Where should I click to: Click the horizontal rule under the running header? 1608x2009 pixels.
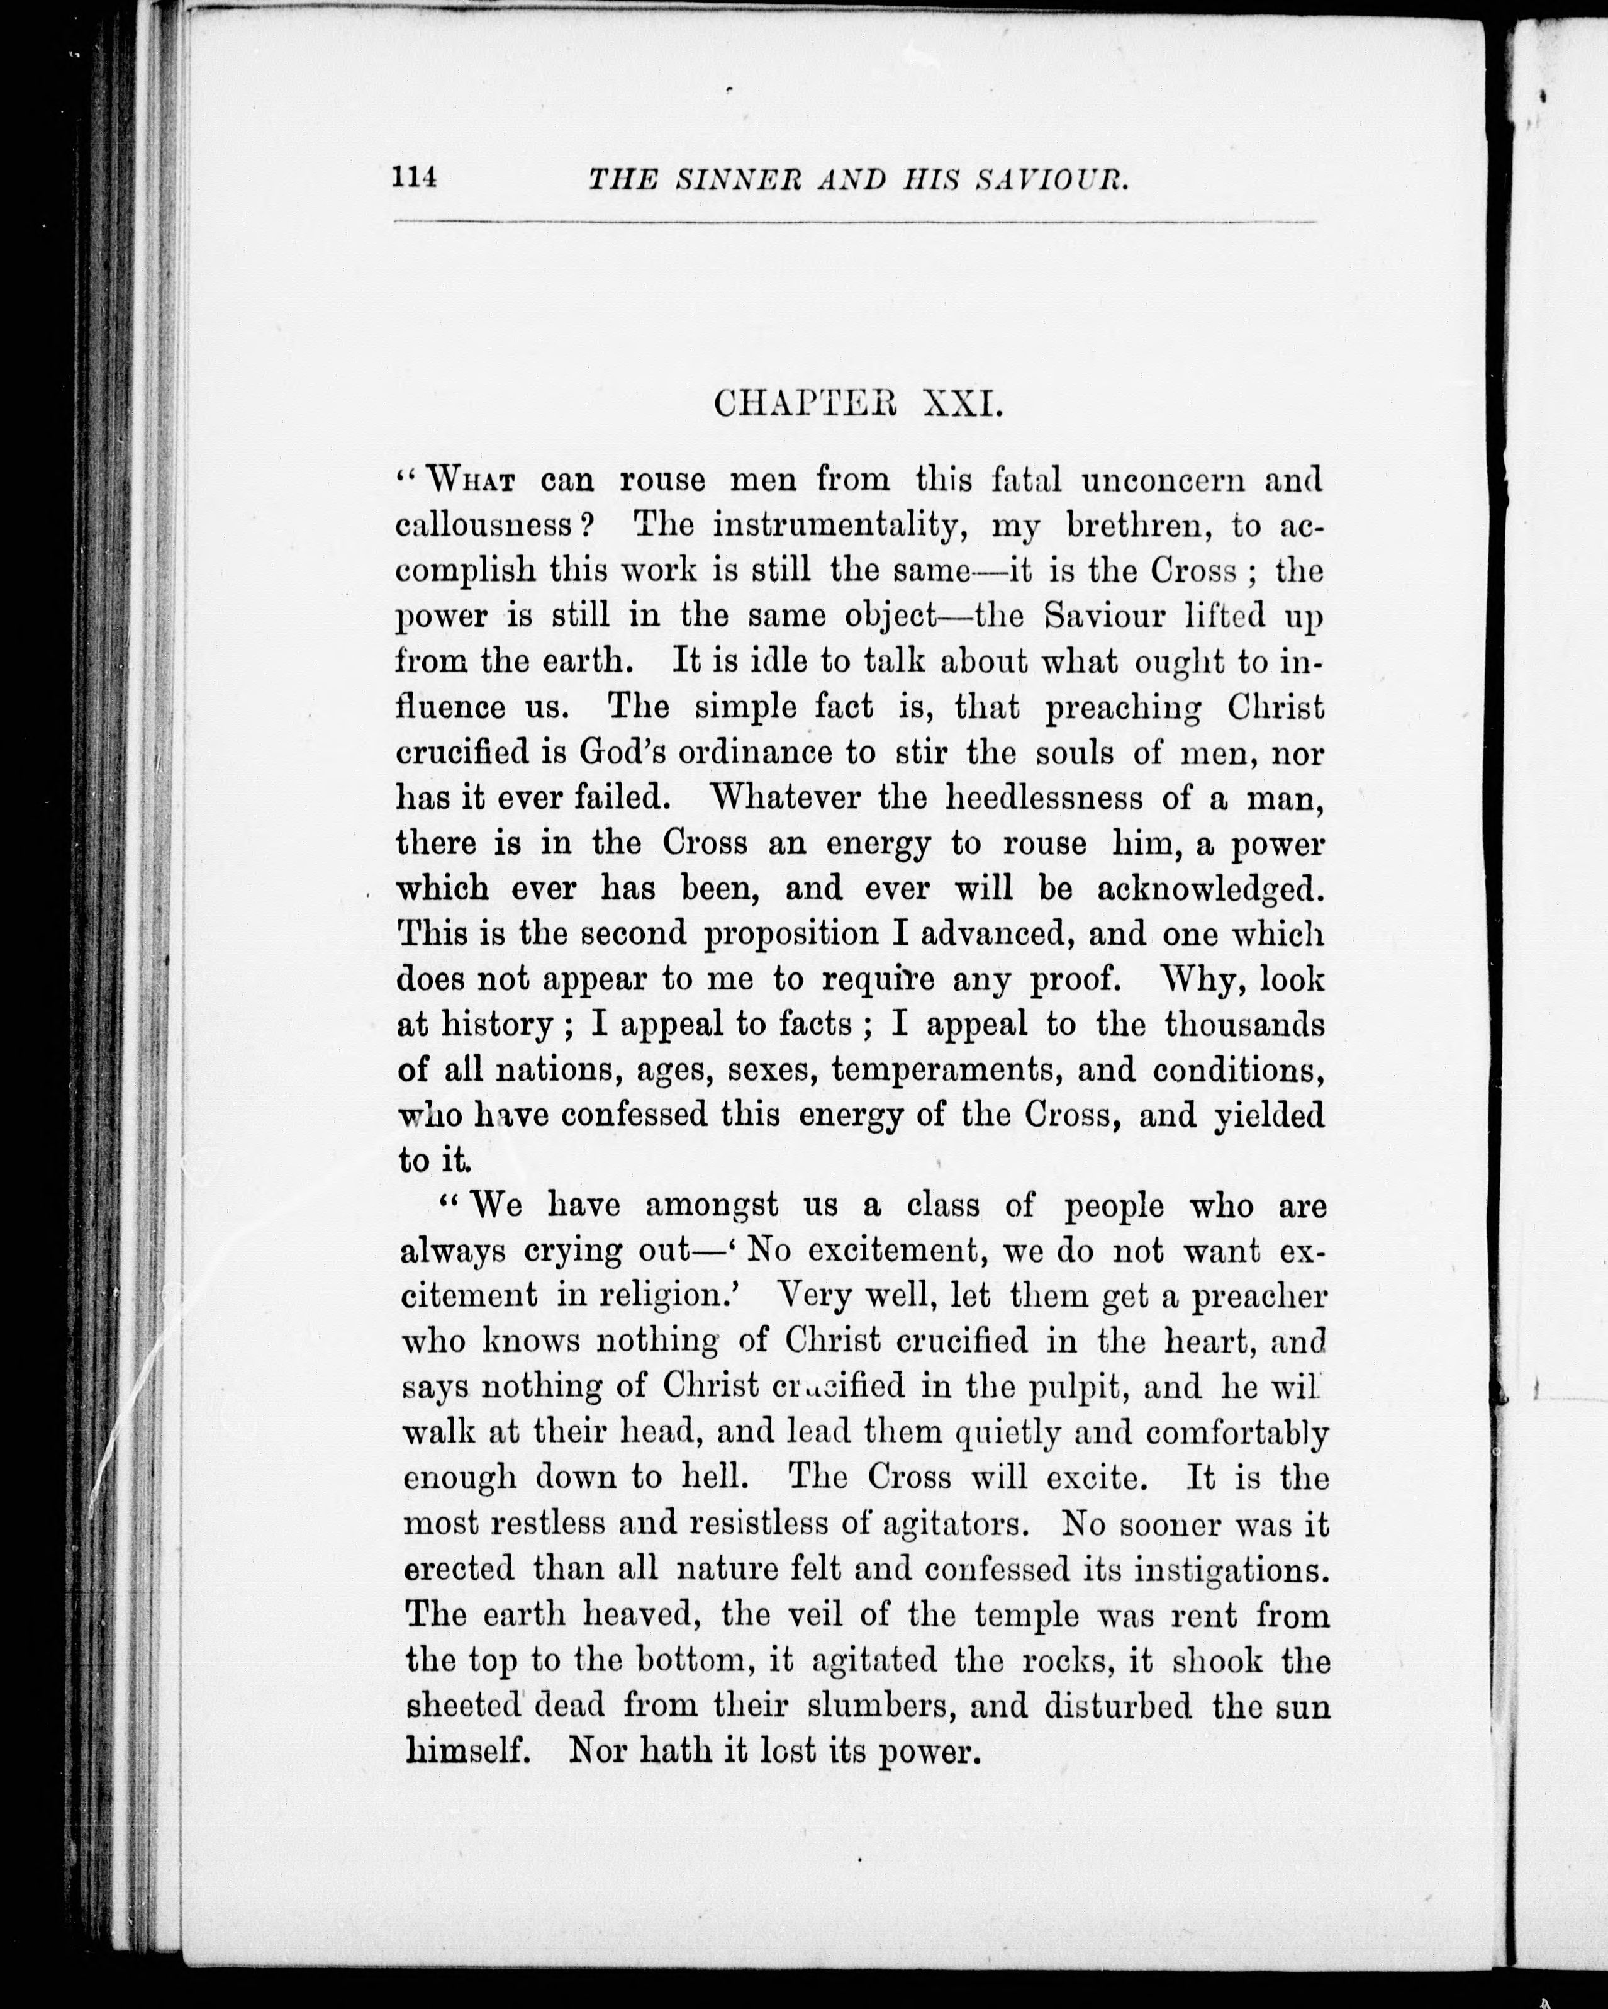(x=854, y=222)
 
